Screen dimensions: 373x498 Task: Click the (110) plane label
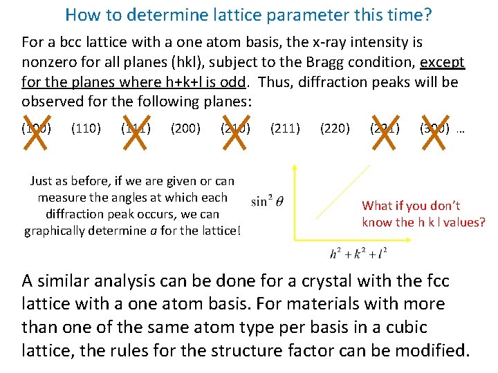(x=86, y=128)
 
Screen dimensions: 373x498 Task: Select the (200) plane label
(x=185, y=128)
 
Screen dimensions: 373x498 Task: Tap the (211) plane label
(x=285, y=128)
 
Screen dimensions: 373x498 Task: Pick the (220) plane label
(x=335, y=128)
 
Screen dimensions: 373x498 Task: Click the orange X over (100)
(x=36, y=129)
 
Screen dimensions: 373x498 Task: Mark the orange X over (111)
(x=136, y=129)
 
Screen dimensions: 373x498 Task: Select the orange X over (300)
(x=434, y=129)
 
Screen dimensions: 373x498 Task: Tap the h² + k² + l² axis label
(x=358, y=254)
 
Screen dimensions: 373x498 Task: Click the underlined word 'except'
(x=443, y=62)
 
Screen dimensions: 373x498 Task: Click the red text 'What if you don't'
(x=411, y=205)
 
